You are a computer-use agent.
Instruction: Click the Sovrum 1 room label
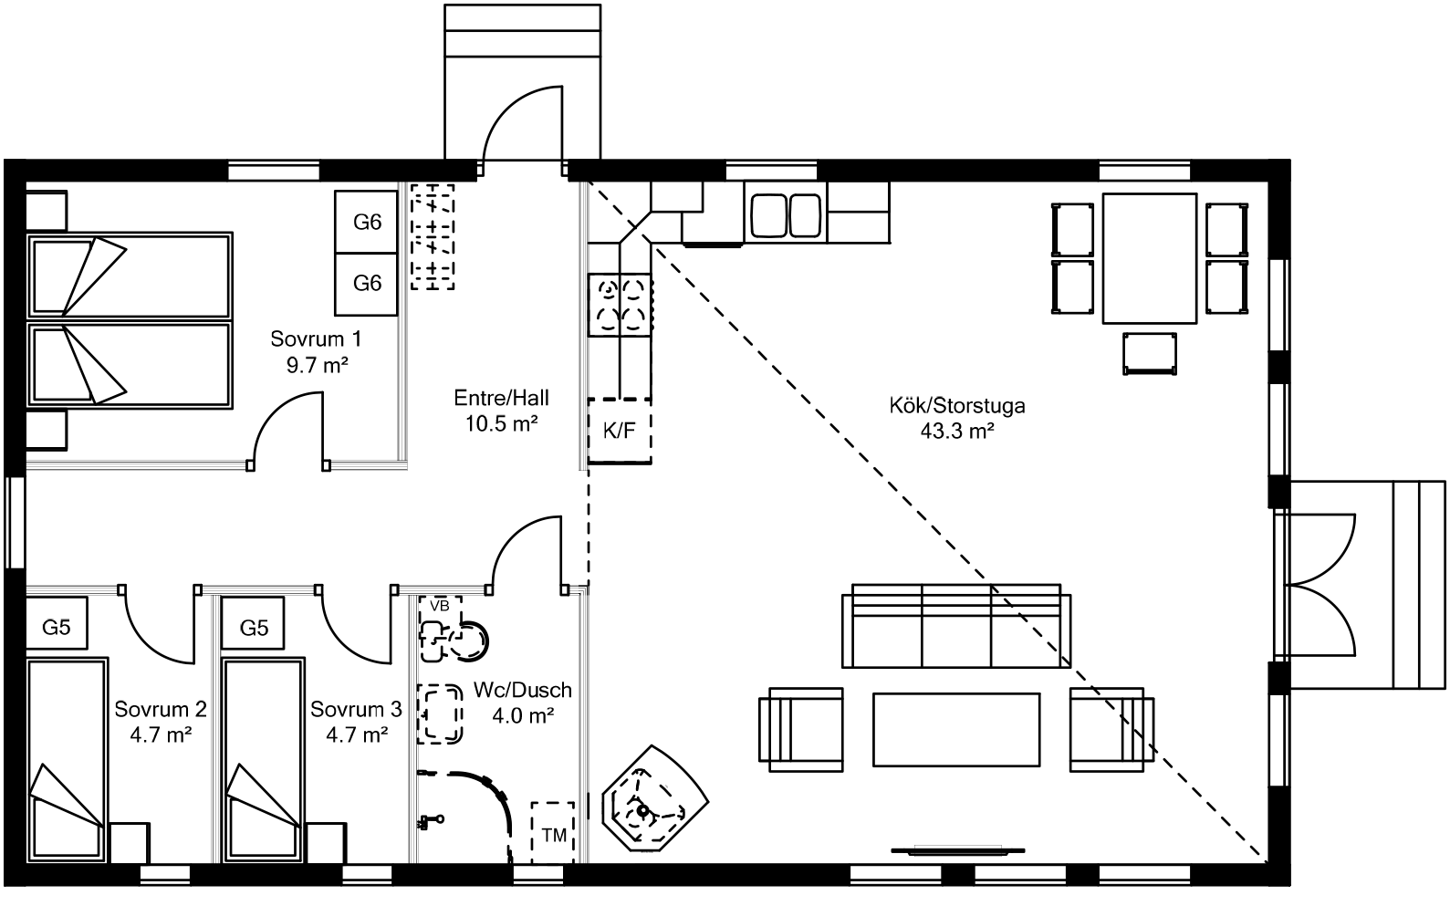(316, 339)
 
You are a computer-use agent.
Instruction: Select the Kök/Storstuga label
(956, 405)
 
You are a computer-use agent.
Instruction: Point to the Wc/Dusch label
(523, 691)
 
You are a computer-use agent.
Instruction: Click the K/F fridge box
(619, 431)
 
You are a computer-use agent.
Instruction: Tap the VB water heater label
(439, 606)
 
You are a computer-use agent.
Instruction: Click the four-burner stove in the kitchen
(620, 304)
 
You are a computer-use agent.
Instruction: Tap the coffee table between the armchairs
(956, 730)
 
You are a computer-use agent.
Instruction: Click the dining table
(1149, 258)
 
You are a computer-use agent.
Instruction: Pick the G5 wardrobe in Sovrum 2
(57, 628)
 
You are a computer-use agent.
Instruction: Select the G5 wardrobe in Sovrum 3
(254, 628)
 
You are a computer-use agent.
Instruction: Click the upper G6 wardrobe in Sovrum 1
(367, 222)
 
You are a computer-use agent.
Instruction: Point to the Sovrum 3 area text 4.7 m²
(356, 733)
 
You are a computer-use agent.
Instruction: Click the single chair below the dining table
(1150, 354)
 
